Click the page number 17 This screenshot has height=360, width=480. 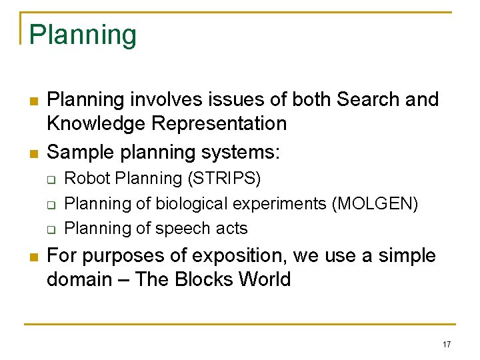(x=446, y=345)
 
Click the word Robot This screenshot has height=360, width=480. (x=85, y=179)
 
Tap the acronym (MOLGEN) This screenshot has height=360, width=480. (x=375, y=203)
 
